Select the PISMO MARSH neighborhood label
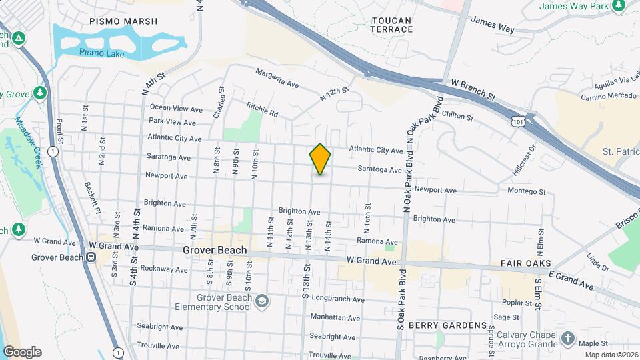pos(124,21)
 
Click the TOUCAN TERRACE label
pos(391,25)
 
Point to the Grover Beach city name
pos(215,251)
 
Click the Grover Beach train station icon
pos(90,257)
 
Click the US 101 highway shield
pos(518,121)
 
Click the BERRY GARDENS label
pos(447,325)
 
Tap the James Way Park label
pos(583,6)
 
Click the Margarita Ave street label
pos(277,78)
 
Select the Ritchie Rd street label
pos(261,110)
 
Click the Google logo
pos(22,352)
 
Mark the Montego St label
pos(527,191)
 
